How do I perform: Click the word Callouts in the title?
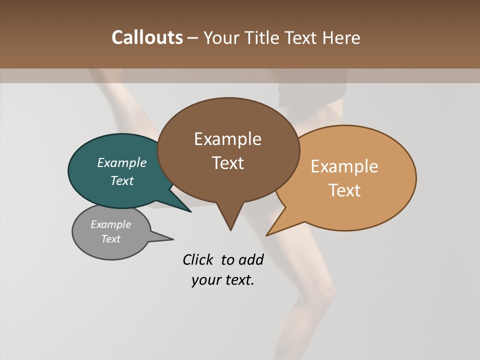coord(147,37)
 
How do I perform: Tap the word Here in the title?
coord(341,37)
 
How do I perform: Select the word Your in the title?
coord(223,37)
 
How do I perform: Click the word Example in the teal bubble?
coord(122,162)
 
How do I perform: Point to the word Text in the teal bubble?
coord(122,180)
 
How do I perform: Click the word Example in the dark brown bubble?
coord(227,139)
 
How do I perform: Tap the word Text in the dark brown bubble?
coord(227,162)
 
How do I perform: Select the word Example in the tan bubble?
coord(344,166)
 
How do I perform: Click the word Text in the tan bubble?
coord(344,190)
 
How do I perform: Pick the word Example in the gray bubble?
coord(110,224)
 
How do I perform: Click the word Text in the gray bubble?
coord(110,239)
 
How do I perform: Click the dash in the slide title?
coord(193,38)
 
